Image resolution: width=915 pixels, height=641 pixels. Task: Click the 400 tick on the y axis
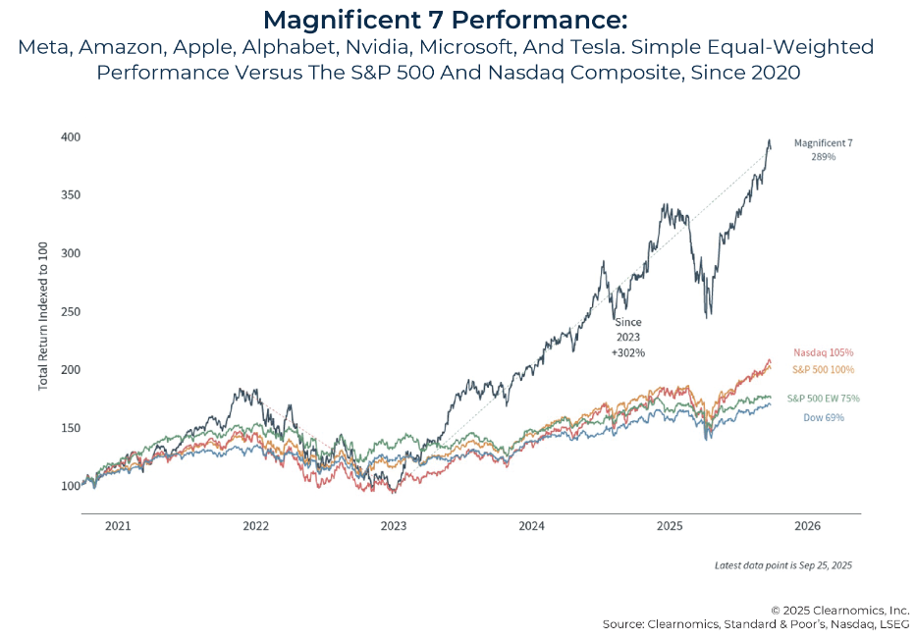click(x=70, y=136)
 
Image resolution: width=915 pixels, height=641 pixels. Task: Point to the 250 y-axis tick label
click(x=70, y=311)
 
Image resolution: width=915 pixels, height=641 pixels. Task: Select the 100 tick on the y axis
click(x=70, y=486)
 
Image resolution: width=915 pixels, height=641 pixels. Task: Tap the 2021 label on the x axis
click(x=118, y=526)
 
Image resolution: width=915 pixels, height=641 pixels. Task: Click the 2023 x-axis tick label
click(x=394, y=526)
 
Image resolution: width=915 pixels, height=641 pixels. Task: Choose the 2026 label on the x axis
click(x=807, y=526)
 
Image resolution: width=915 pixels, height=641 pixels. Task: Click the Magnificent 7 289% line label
click(x=823, y=149)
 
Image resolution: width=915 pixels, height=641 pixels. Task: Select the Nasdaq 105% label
click(x=822, y=351)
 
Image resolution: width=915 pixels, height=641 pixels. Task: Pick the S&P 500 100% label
click(x=822, y=369)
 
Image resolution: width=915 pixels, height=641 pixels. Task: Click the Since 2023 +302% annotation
click(x=627, y=336)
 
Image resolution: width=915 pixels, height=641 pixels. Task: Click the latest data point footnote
click(x=783, y=565)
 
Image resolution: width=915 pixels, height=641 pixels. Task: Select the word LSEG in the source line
click(x=888, y=624)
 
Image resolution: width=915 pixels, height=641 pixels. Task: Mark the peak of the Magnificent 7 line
click(x=770, y=140)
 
